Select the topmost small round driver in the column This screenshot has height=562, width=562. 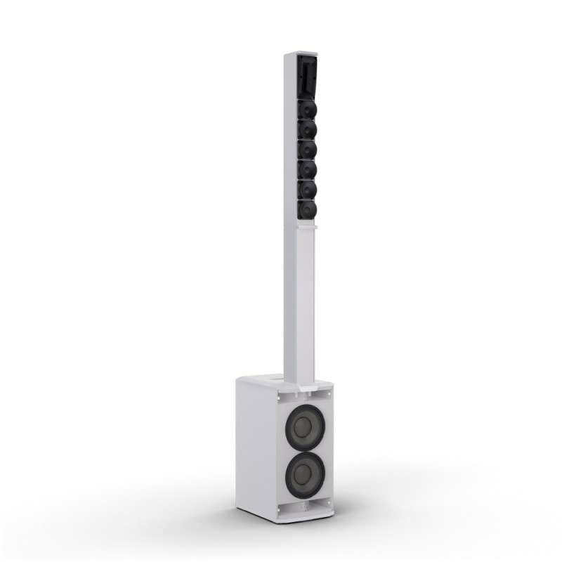point(307,109)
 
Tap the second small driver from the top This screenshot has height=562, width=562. point(307,129)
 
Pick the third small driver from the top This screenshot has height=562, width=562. point(307,150)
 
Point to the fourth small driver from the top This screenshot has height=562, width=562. point(307,170)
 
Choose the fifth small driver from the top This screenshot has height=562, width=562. point(307,190)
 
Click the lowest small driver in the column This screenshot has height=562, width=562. point(307,209)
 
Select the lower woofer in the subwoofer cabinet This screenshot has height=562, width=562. point(305,472)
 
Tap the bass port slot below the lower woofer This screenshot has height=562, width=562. point(304,504)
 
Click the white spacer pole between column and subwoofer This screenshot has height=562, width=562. point(298,302)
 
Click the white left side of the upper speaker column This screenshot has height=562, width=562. point(290,140)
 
